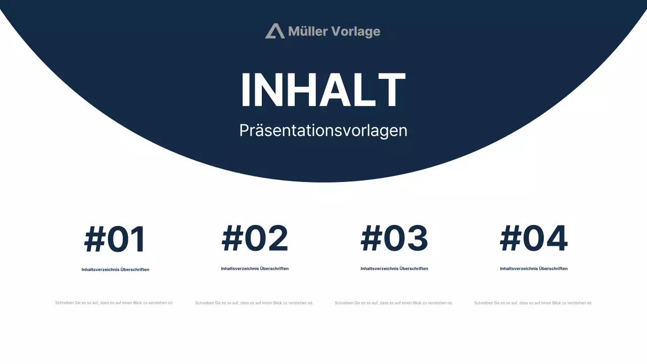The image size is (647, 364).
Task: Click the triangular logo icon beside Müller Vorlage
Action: (x=274, y=31)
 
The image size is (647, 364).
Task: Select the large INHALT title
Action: (x=323, y=90)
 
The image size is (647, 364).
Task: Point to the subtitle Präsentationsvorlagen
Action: (x=323, y=130)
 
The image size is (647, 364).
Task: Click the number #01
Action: (x=115, y=240)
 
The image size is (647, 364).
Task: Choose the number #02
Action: (x=255, y=239)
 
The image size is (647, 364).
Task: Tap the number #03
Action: (x=394, y=239)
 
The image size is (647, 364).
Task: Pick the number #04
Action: (x=534, y=239)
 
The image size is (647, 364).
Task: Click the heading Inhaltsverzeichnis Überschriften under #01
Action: (x=115, y=270)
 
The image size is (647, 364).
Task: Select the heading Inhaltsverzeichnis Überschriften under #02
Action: (x=255, y=269)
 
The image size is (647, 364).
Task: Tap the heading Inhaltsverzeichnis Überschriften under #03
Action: (x=394, y=269)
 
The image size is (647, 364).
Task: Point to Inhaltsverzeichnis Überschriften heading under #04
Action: (x=534, y=269)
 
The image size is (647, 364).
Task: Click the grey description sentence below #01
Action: (x=114, y=303)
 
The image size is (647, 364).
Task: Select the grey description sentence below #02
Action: (x=254, y=303)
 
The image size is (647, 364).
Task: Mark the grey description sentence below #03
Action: (x=394, y=303)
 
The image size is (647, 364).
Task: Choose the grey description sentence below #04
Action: (x=533, y=303)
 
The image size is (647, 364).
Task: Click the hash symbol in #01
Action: (x=94, y=240)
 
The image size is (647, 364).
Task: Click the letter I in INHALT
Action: (x=246, y=90)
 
